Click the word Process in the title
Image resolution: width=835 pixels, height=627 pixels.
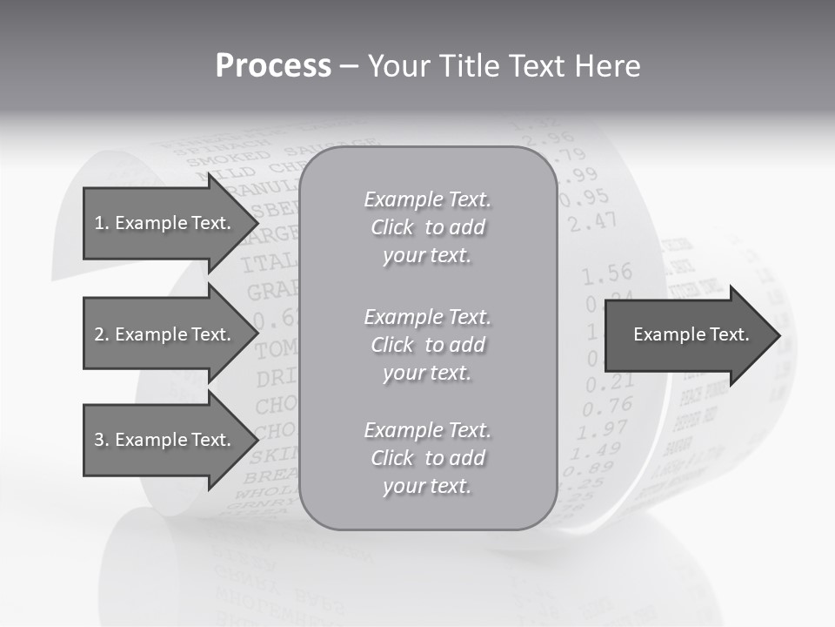point(273,66)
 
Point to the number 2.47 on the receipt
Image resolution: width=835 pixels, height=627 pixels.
point(592,223)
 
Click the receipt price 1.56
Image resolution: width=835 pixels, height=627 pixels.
point(606,275)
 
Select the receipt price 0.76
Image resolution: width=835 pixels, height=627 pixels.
point(607,406)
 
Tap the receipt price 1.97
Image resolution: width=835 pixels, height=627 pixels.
point(603,428)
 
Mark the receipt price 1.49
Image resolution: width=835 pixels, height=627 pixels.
point(598,450)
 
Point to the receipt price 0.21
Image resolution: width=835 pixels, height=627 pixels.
point(608,382)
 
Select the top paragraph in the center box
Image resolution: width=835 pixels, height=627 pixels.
point(427,227)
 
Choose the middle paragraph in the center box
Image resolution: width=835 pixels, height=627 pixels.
point(427,344)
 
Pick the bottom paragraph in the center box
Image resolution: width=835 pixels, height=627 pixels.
point(427,458)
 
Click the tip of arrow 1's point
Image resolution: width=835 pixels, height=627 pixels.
point(257,223)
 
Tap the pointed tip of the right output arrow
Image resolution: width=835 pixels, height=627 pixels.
point(779,335)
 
